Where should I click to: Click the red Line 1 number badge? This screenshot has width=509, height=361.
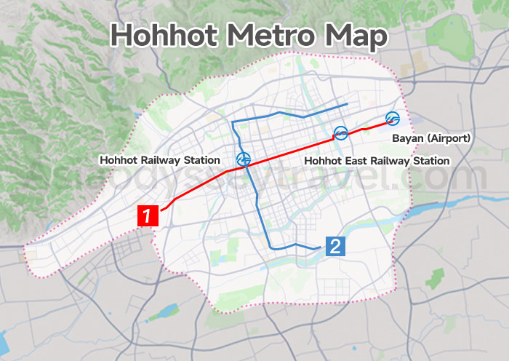[x=148, y=216]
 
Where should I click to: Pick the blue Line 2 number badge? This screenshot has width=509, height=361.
[x=334, y=246]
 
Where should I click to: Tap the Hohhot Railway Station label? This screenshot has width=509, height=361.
[x=160, y=159]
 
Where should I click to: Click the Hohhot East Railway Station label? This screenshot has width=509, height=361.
[x=377, y=160]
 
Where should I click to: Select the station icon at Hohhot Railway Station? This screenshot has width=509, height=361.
[x=244, y=159]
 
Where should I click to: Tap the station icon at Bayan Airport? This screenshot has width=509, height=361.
[x=393, y=119]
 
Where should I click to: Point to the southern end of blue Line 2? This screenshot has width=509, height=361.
[x=320, y=248]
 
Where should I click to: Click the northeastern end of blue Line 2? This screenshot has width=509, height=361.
[x=345, y=106]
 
